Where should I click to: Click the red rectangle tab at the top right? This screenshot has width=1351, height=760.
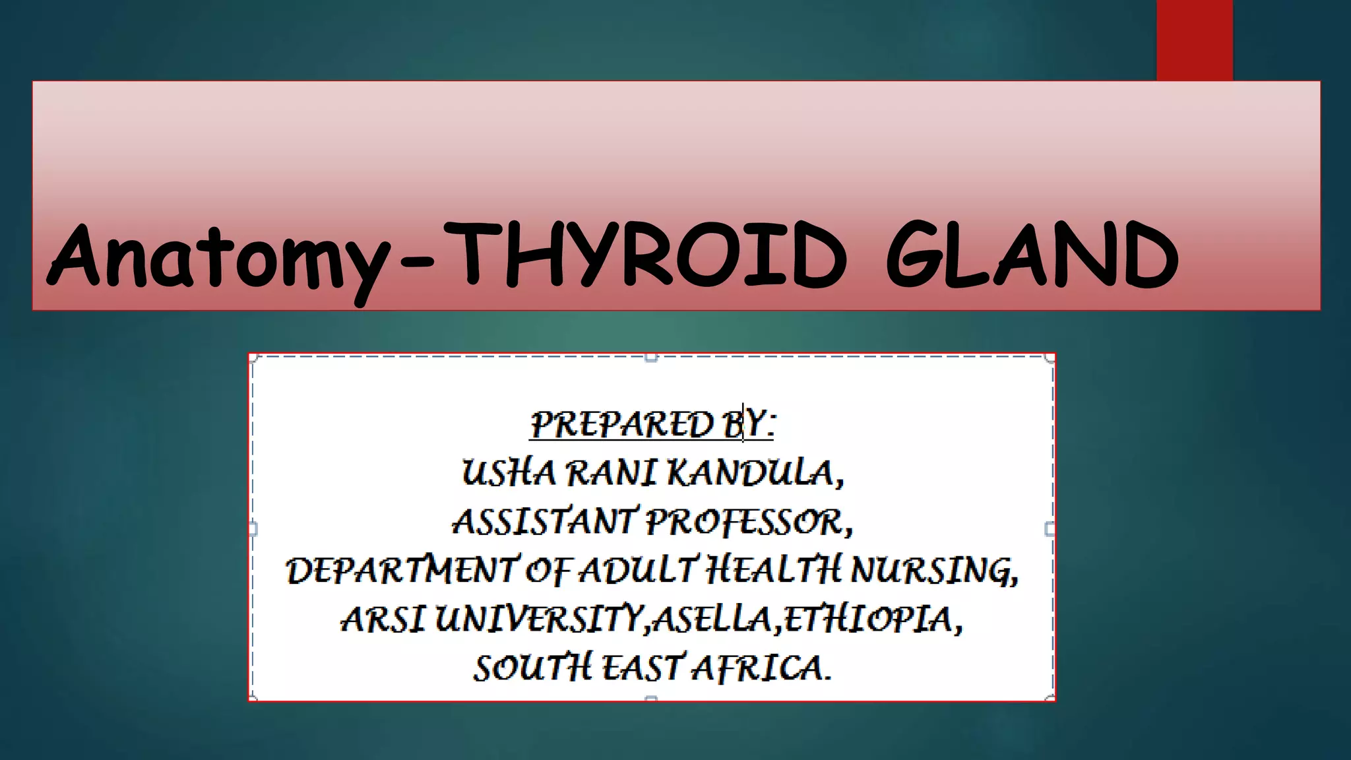[1194, 40]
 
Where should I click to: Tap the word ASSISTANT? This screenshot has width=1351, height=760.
[544, 522]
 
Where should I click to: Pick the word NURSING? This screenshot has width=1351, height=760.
[933, 571]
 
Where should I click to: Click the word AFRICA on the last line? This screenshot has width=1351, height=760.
[761, 668]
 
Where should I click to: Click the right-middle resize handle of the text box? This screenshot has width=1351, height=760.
[1050, 528]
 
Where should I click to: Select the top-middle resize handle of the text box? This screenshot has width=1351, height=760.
[651, 358]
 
